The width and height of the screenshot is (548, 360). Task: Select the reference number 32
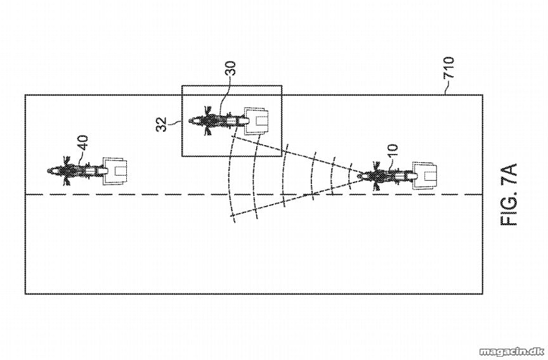162,124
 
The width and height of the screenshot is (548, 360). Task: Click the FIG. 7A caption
509,195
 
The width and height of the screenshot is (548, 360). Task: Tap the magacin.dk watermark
512,351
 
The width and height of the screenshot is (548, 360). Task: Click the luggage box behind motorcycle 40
115,170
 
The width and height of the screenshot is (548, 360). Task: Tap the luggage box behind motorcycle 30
257,121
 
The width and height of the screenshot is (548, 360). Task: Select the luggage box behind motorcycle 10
424,176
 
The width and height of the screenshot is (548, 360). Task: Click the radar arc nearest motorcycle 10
349,176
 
